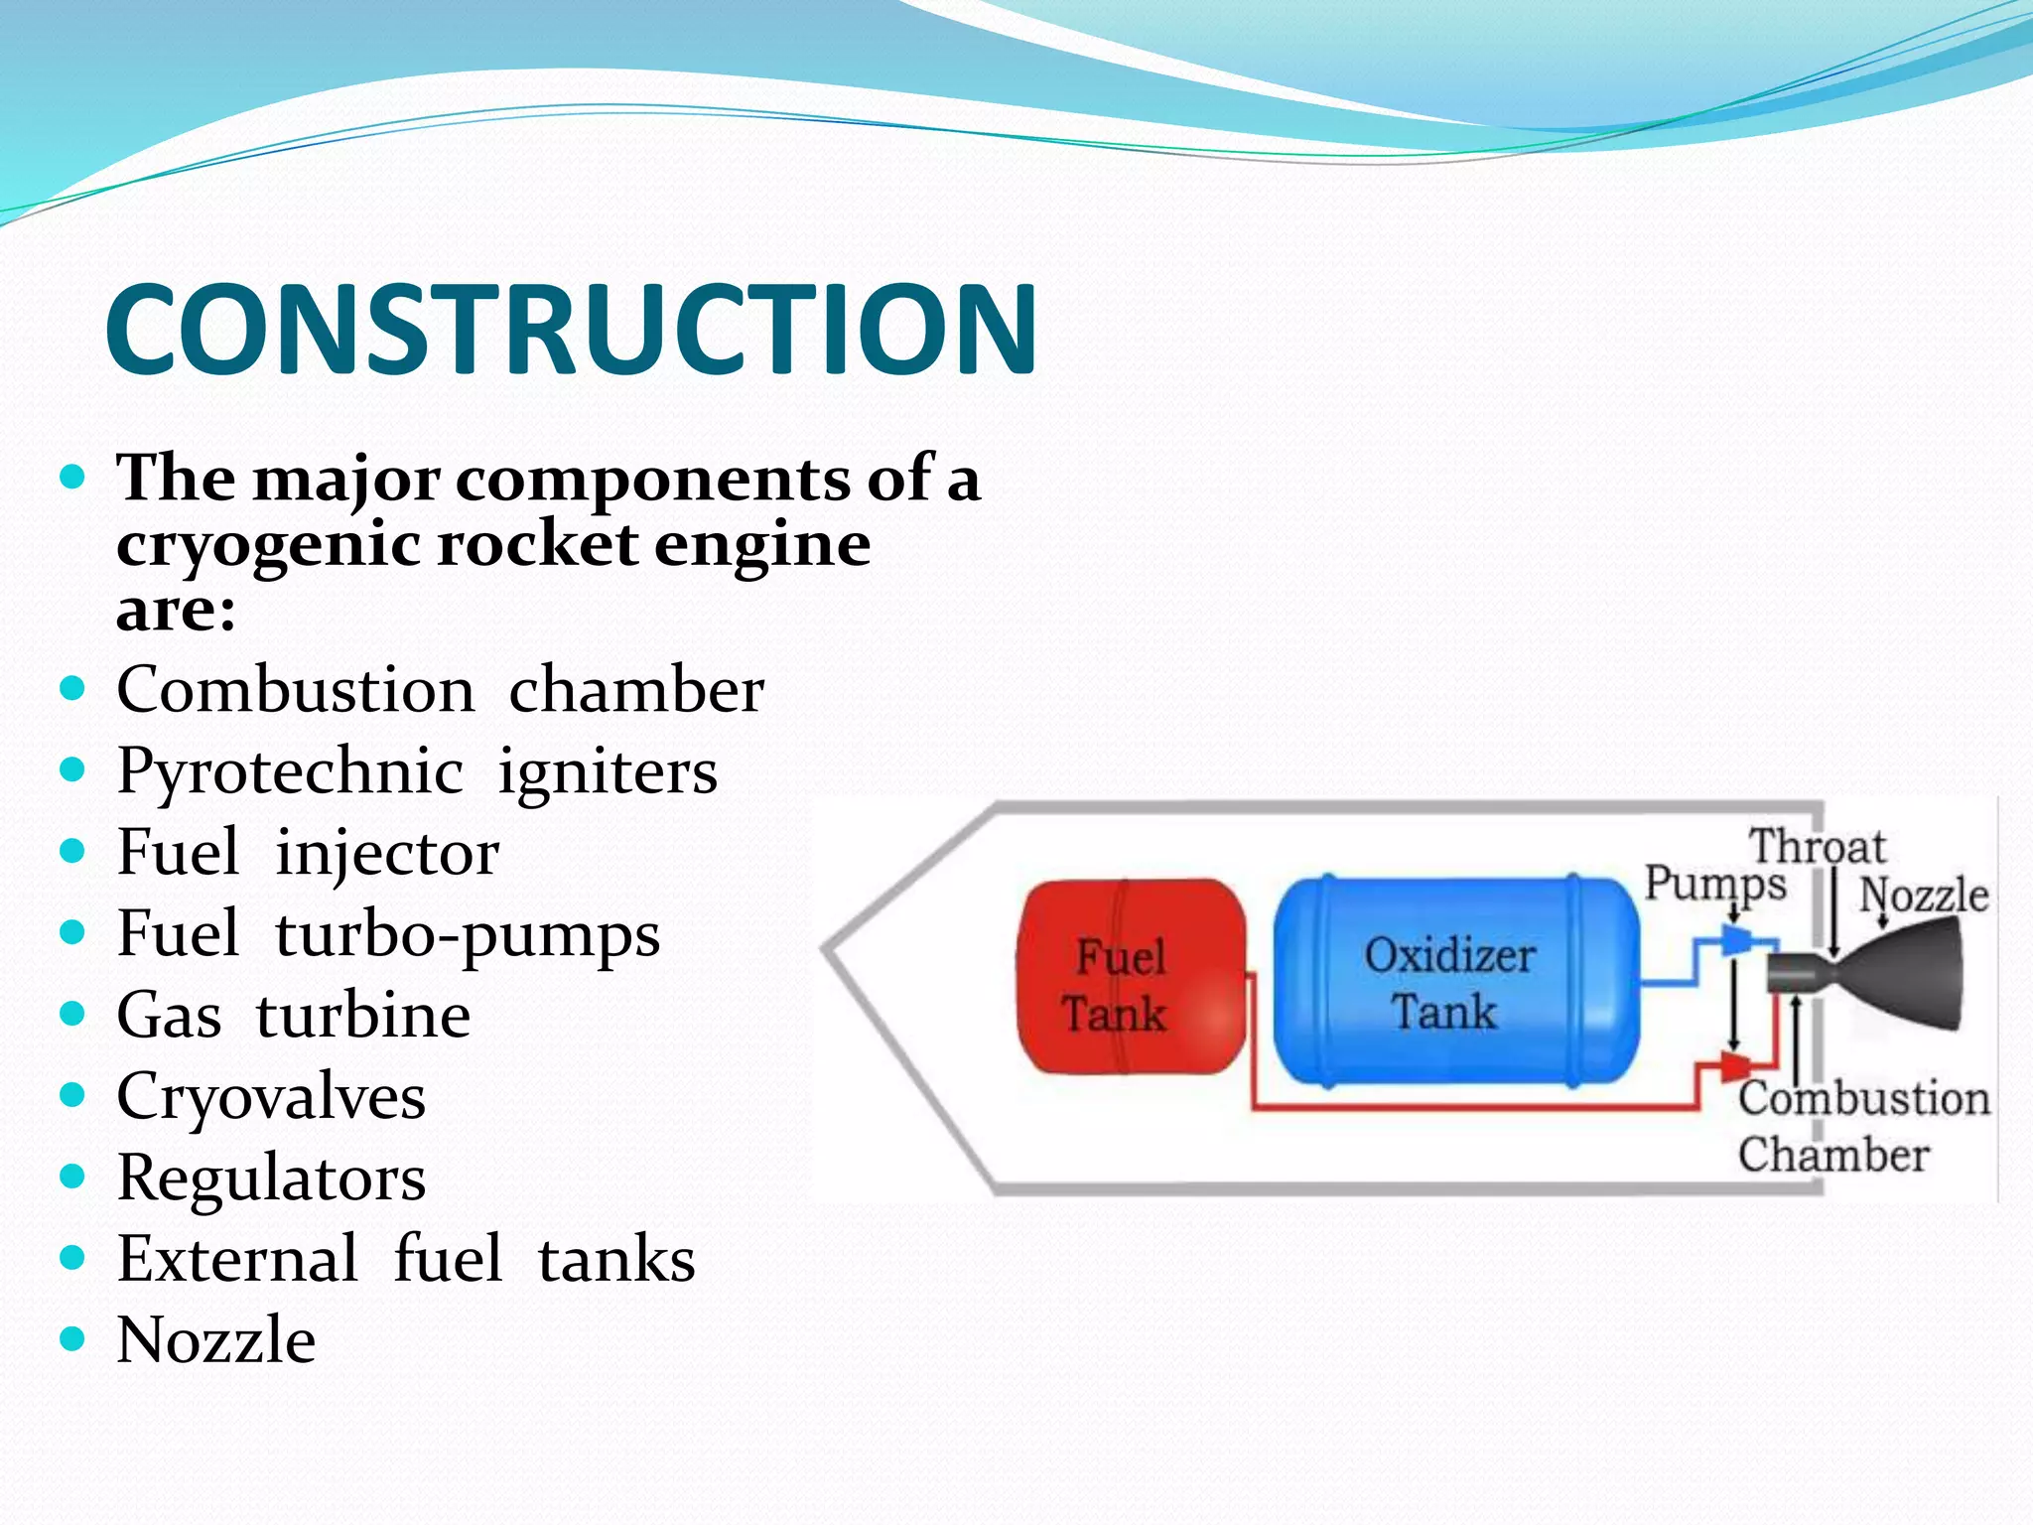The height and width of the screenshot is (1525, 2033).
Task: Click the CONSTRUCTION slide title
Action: click(571, 329)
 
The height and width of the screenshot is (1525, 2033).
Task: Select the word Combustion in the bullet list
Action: click(295, 690)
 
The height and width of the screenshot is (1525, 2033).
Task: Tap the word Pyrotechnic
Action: click(289, 771)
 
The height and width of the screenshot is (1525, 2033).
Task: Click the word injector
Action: click(387, 853)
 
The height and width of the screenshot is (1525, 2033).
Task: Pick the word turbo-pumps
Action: click(467, 935)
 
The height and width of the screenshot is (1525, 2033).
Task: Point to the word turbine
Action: click(362, 1016)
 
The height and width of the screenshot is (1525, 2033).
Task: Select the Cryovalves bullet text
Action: click(271, 1097)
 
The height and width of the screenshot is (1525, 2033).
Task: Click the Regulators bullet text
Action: click(271, 1178)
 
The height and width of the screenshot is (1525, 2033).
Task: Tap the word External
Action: click(237, 1259)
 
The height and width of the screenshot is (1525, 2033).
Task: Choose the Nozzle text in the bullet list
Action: click(216, 1340)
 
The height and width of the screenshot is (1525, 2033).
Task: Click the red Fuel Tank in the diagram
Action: click(1131, 978)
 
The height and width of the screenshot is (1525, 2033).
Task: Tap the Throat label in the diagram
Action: click(1817, 847)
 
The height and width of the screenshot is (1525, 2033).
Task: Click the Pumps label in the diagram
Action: click(1714, 883)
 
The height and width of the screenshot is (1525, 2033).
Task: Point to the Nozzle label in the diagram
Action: click(1924, 895)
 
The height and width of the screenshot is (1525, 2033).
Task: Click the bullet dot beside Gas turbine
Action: click(72, 1014)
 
